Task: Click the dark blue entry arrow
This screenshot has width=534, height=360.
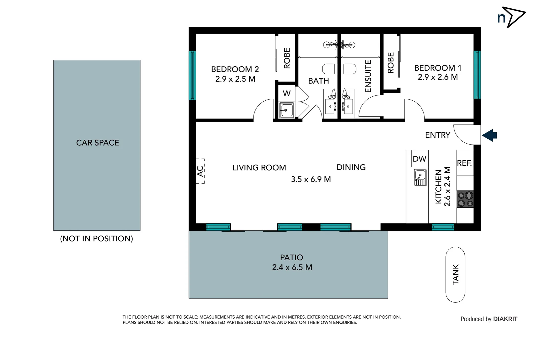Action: click(x=489, y=135)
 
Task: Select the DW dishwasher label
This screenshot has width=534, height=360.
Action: click(x=419, y=159)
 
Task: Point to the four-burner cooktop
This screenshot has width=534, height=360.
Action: click(x=465, y=199)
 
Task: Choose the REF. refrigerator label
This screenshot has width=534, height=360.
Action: click(x=464, y=163)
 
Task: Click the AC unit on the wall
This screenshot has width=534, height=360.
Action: click(x=200, y=171)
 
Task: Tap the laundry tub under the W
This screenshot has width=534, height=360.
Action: click(x=286, y=110)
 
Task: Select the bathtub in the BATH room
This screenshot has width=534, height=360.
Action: click(x=339, y=69)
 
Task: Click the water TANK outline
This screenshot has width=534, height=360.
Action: click(x=455, y=274)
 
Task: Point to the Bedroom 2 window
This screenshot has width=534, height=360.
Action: click(x=192, y=75)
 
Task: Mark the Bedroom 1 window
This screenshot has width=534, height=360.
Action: click(x=477, y=74)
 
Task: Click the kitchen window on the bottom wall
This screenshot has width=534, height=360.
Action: click(x=443, y=227)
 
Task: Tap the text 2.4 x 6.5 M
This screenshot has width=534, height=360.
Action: click(x=292, y=267)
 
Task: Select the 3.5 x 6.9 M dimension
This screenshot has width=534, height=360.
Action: click(x=310, y=179)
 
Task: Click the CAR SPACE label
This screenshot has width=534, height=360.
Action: click(x=97, y=143)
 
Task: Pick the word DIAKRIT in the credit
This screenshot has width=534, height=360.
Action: click(x=505, y=319)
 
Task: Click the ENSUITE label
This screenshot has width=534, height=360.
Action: click(x=368, y=76)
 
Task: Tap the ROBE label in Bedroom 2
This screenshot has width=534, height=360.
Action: click(x=287, y=58)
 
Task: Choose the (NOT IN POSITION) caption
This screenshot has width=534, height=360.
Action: click(x=96, y=239)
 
